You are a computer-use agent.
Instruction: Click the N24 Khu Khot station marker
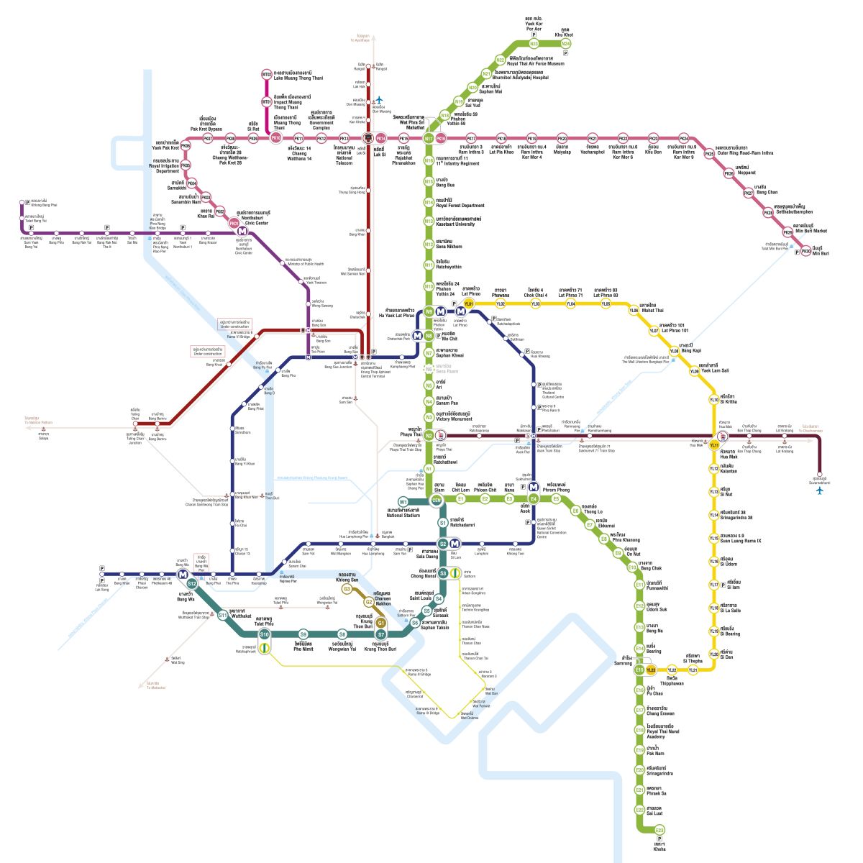(x=566, y=44)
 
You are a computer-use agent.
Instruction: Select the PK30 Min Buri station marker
(x=806, y=251)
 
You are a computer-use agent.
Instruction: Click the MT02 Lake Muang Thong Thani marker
(x=266, y=74)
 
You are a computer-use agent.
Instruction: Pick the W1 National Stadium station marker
(x=403, y=501)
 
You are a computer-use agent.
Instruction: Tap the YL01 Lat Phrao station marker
(x=469, y=304)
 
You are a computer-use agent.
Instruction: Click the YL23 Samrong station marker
(x=651, y=670)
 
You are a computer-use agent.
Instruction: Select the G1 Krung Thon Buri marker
(x=382, y=623)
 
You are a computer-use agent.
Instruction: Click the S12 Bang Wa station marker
(x=192, y=583)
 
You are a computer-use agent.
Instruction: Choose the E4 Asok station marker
(x=534, y=499)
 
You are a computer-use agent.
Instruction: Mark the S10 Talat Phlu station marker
(x=265, y=634)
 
